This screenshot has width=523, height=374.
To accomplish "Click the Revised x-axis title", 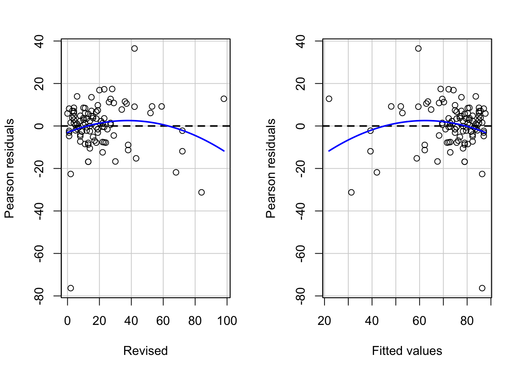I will [x=145, y=351].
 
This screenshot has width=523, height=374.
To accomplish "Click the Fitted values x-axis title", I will [x=407, y=351].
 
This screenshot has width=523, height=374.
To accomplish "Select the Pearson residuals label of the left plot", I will [x=9, y=168].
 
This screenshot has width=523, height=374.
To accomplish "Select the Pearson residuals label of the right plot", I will [x=271, y=168].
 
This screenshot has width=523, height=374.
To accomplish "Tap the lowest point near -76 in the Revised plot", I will [x=70, y=288].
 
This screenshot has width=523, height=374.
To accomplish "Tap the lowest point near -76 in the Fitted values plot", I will [x=482, y=288].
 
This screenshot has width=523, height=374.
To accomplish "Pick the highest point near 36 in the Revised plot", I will [x=134, y=48].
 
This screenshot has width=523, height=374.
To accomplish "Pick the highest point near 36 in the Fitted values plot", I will [x=418, y=48].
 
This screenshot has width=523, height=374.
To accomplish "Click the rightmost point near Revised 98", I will [x=224, y=99].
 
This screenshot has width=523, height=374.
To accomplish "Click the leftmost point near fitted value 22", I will [x=329, y=99].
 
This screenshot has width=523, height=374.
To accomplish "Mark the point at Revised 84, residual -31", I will [x=201, y=192].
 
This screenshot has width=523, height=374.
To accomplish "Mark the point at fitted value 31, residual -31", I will [x=351, y=192].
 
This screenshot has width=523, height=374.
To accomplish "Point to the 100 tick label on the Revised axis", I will [x=227, y=321].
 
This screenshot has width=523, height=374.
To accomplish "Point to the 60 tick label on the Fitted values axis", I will [x=419, y=321].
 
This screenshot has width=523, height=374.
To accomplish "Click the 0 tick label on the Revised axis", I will [x=68, y=321].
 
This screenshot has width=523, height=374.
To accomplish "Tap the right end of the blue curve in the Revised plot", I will [x=224, y=151].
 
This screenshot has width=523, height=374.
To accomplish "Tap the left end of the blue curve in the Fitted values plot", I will [x=329, y=151].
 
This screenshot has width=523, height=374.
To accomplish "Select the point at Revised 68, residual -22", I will [x=176, y=172].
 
